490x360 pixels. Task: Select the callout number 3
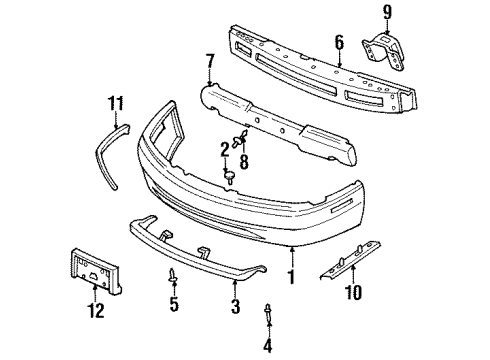(x=235, y=308)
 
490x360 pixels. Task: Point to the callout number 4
(x=268, y=346)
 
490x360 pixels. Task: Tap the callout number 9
(x=389, y=14)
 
